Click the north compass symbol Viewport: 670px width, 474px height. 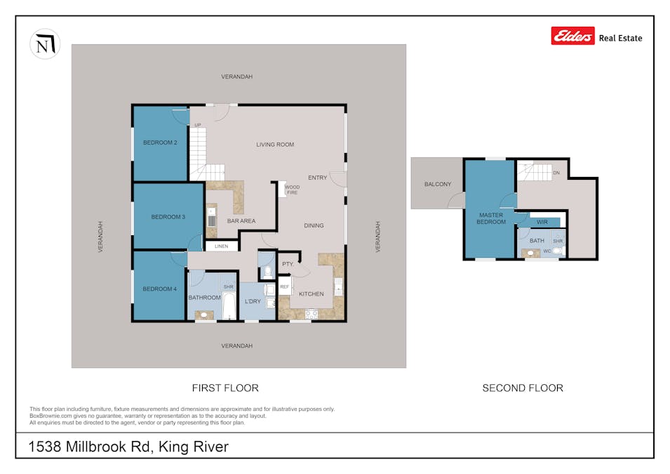tap(45, 44)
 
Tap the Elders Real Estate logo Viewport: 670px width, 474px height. tap(596, 37)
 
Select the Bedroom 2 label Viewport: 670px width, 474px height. tap(159, 143)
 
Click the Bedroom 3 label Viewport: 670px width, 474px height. tap(168, 217)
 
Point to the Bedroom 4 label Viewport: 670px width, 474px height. tap(159, 289)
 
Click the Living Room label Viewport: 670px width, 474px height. tap(274, 145)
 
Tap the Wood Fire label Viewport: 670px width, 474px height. tap(292, 190)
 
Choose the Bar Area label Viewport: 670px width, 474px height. tap(241, 221)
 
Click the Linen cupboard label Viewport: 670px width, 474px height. tap(221, 246)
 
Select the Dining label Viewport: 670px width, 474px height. tap(314, 225)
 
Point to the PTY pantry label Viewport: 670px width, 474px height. tap(287, 264)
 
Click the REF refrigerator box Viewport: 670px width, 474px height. tap(284, 287)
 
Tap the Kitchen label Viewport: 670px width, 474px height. tap(311, 294)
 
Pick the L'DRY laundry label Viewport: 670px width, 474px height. tap(252, 301)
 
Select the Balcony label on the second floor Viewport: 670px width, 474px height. tap(438, 185)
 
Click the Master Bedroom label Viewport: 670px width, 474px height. tap(491, 218)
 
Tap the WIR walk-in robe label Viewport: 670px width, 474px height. tap(542, 223)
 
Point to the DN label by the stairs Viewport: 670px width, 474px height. tap(556, 172)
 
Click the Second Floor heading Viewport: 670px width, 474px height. tap(523, 388)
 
